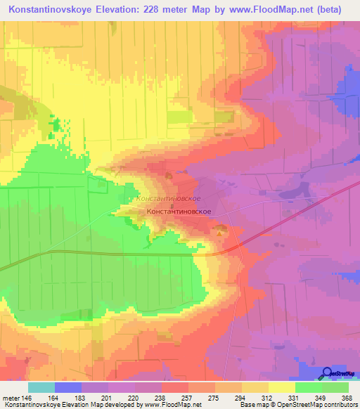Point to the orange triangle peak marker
tap(223, 230)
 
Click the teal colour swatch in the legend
tap(41, 387)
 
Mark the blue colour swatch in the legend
tap(68, 387)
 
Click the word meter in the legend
tap(11, 397)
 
